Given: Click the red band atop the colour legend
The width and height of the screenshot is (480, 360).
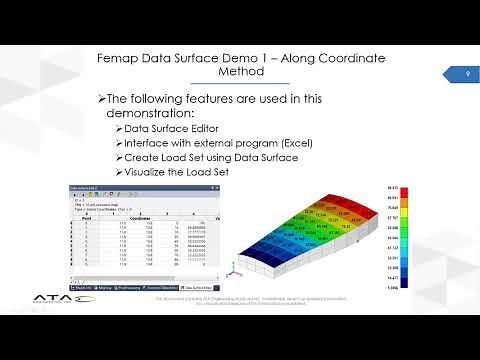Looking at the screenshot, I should (391, 189).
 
